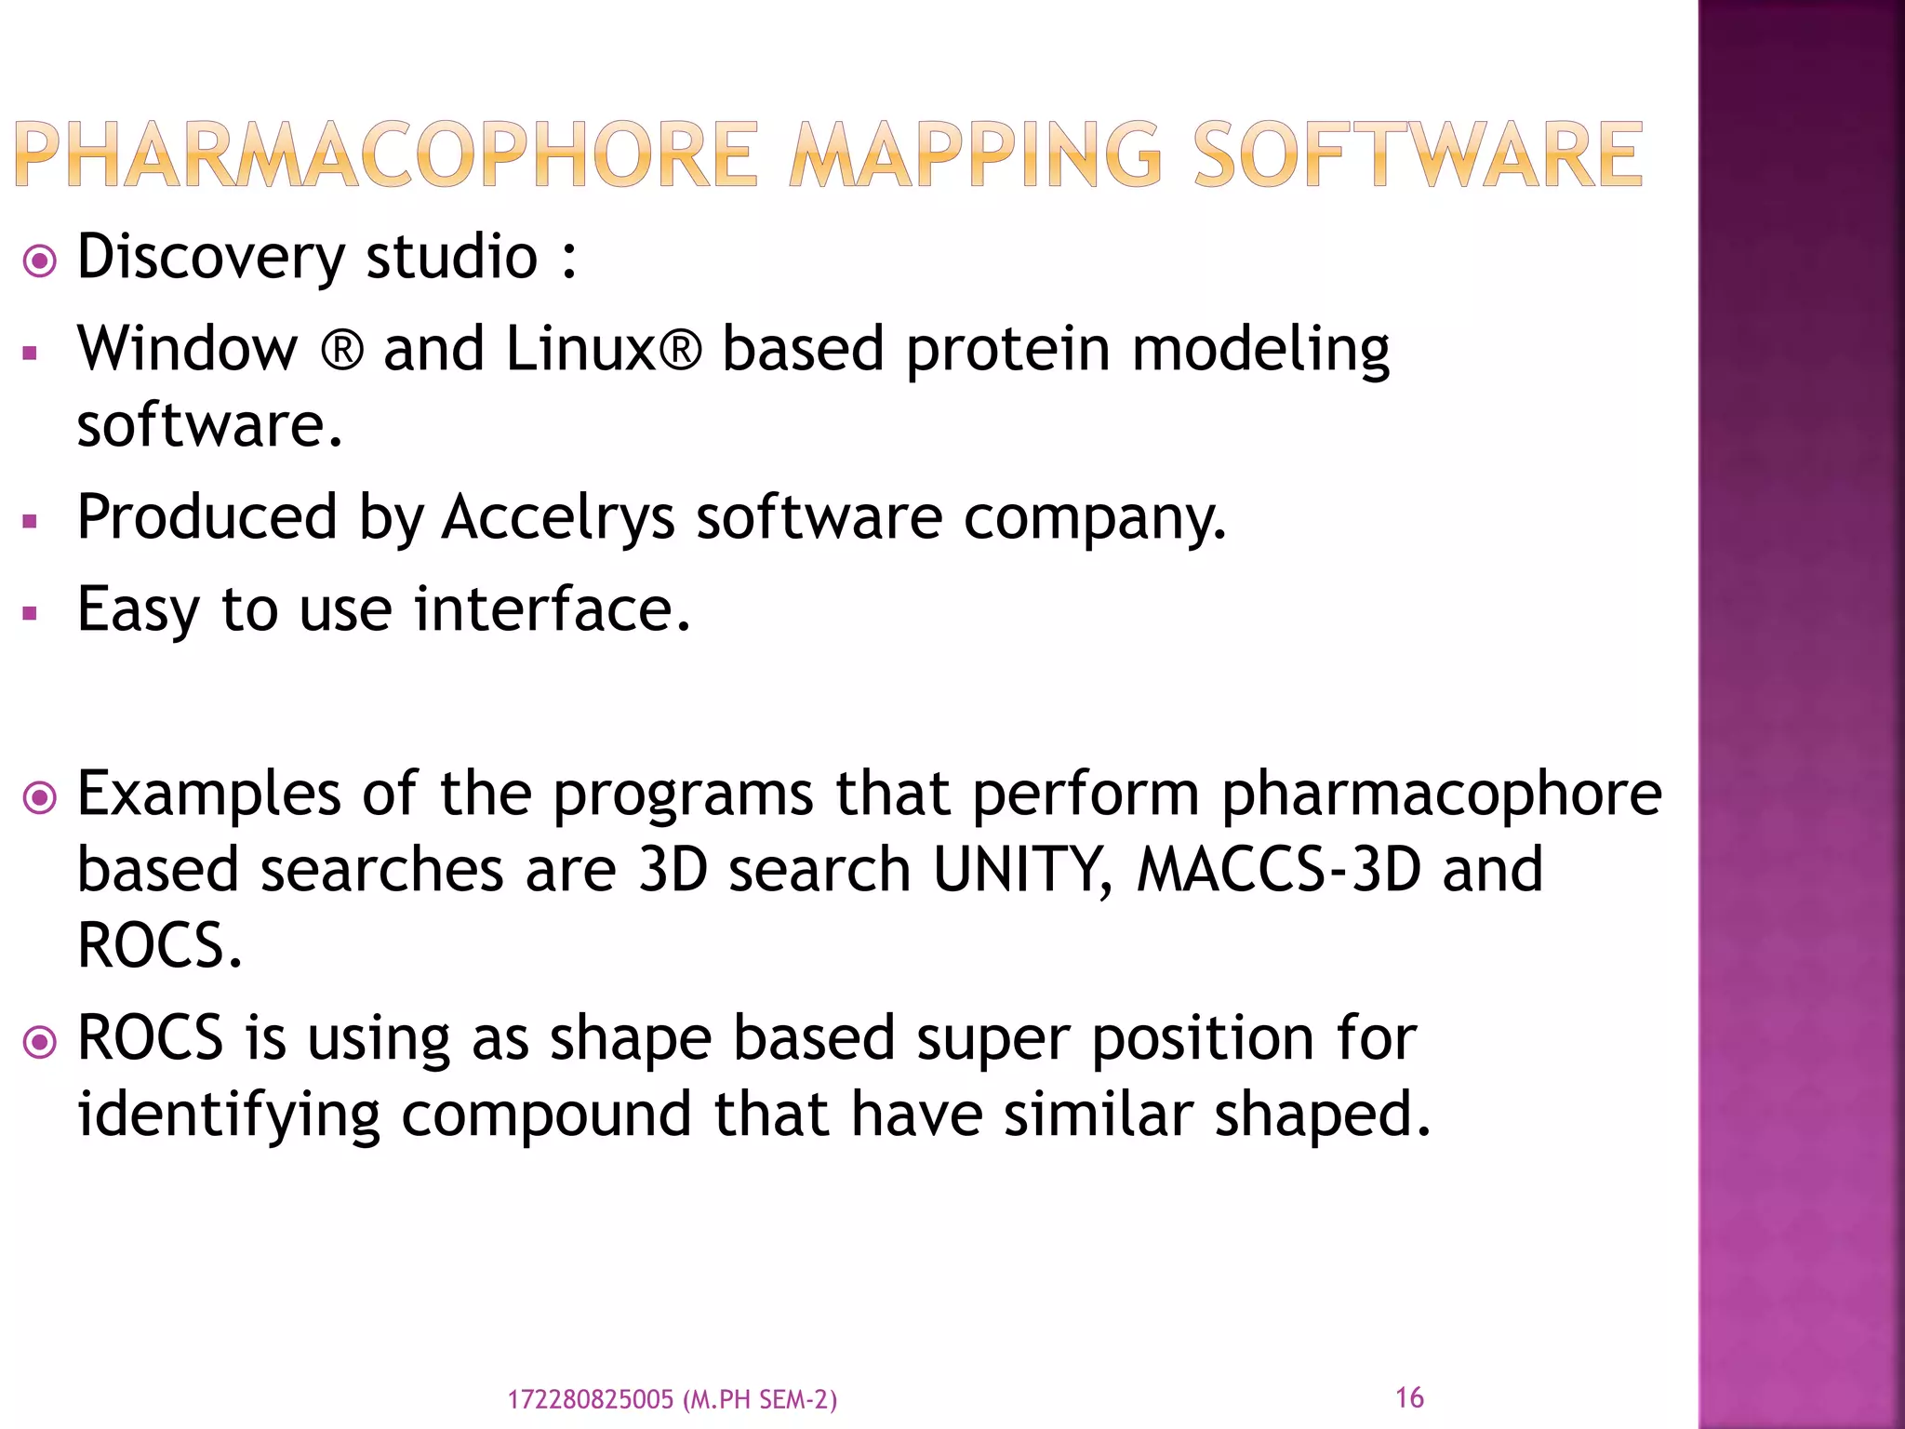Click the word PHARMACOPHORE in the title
click(386, 154)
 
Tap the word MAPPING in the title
click(974, 154)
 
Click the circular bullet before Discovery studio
click(40, 261)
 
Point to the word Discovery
click(210, 258)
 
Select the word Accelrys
click(557, 517)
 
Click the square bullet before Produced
click(31, 521)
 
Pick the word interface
click(552, 610)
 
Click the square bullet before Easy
click(31, 614)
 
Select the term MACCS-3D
click(1279, 870)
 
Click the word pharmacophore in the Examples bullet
click(1441, 795)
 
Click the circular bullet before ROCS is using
click(40, 1042)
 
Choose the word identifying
click(228, 1115)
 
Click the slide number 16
click(1409, 1396)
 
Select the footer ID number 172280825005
click(590, 1399)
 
